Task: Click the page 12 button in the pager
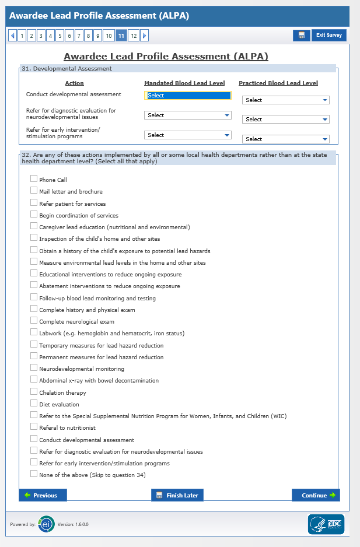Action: pyautogui.click(x=133, y=36)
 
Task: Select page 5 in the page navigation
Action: pyautogui.click(x=60, y=36)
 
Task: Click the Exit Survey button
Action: pyautogui.click(x=329, y=36)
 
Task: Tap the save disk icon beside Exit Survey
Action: pyautogui.click(x=301, y=36)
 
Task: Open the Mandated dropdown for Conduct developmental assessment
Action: pyautogui.click(x=187, y=96)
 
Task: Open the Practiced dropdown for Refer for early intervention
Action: pyautogui.click(x=285, y=139)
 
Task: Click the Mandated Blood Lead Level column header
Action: pyautogui.click(x=184, y=83)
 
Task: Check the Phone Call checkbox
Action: pyautogui.click(x=34, y=179)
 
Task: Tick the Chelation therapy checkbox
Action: pyautogui.click(x=34, y=392)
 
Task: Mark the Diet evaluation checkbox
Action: pyautogui.click(x=34, y=404)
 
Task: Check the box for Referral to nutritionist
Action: pyautogui.click(x=34, y=427)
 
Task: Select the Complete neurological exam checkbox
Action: pyautogui.click(x=34, y=321)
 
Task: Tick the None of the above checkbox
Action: pyautogui.click(x=34, y=475)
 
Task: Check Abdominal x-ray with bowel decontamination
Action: pyautogui.click(x=34, y=380)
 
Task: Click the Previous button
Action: pyautogui.click(x=43, y=495)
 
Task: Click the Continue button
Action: pyautogui.click(x=316, y=495)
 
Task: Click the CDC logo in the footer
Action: pyautogui.click(x=326, y=524)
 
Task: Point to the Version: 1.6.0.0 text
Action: pyautogui.click(x=73, y=524)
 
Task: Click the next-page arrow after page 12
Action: pyautogui.click(x=144, y=36)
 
